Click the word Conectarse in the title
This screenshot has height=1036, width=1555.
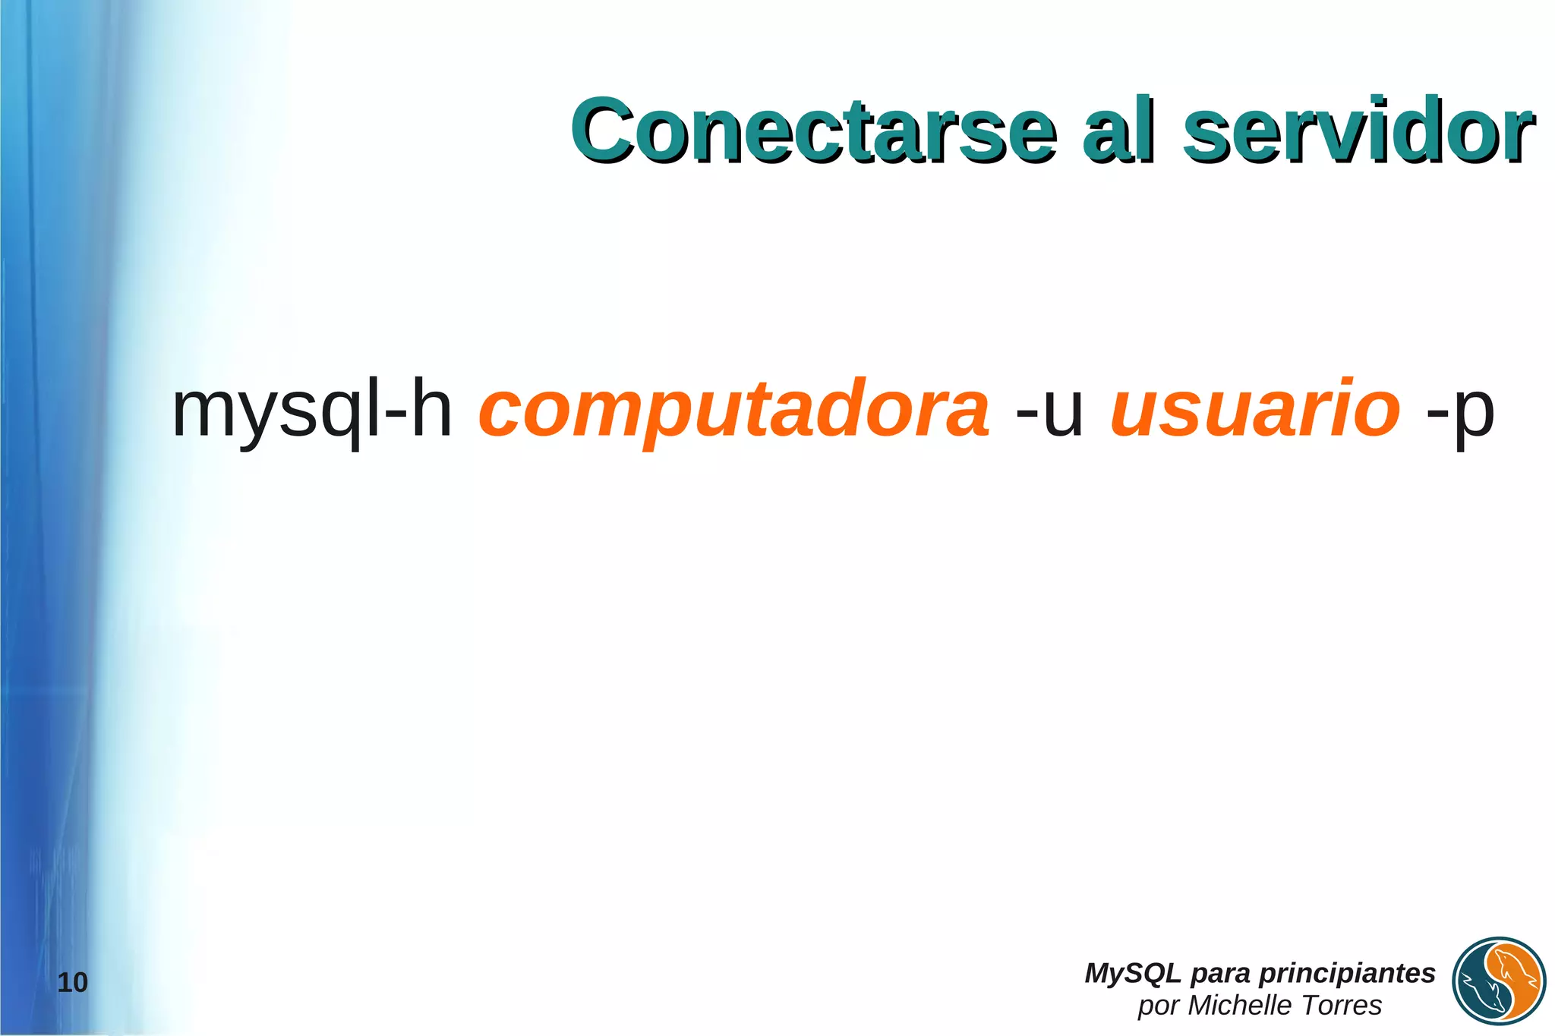tap(813, 131)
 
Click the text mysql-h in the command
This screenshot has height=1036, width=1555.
tap(312, 411)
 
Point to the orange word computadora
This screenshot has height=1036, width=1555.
tap(733, 411)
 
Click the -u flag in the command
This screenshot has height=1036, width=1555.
tap(1049, 412)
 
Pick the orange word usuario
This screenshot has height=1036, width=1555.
tap(1254, 411)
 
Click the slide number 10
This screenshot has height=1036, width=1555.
tap(73, 983)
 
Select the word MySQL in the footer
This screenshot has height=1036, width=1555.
tap(1132, 973)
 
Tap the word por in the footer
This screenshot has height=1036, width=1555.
tap(1158, 1006)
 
